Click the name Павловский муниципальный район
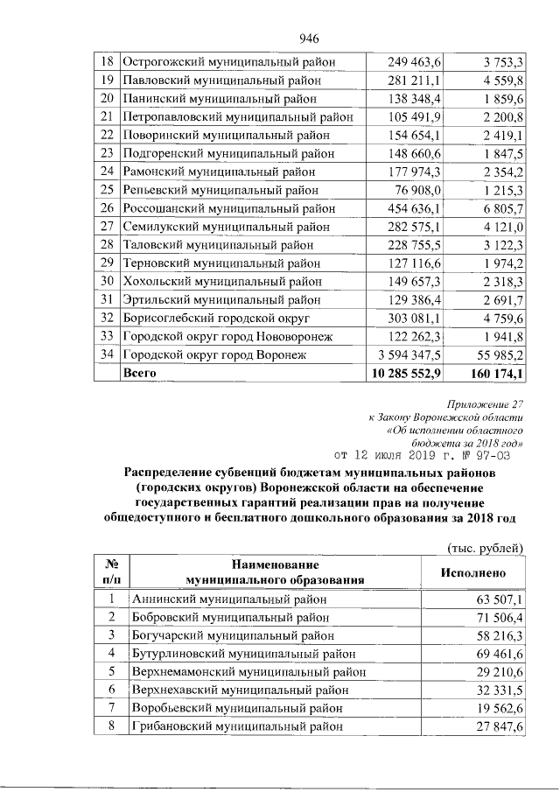216,81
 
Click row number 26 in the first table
108,208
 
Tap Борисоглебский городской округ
216,318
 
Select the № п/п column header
111,571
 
